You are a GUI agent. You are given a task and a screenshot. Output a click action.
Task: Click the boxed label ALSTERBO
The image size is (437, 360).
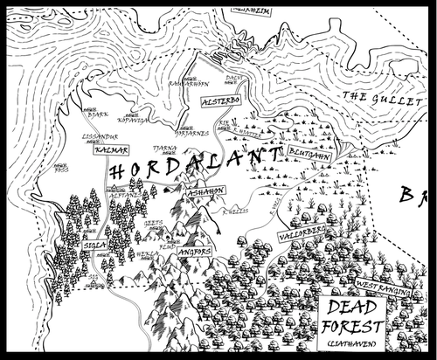pos(214,102)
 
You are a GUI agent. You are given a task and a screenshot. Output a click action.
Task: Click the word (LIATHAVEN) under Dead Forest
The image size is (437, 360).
pos(352,348)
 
